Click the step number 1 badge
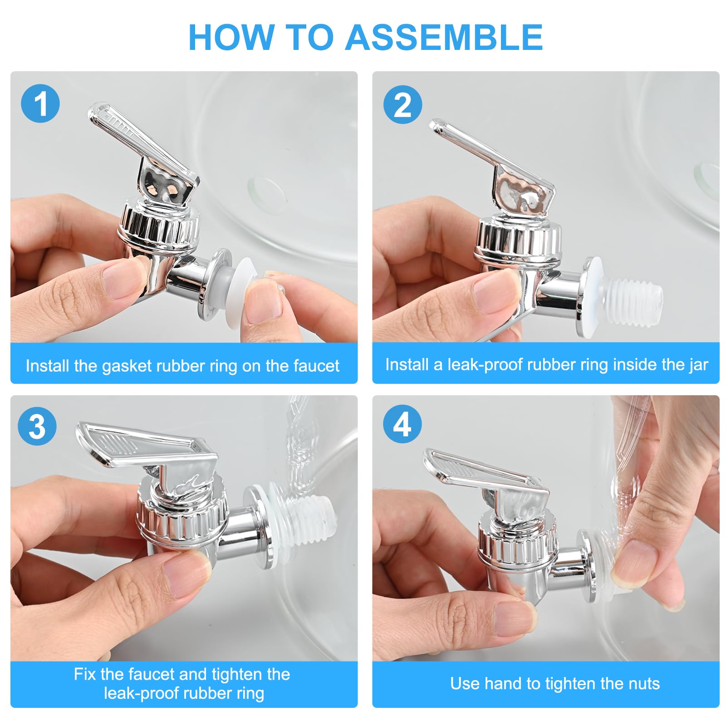click(40, 104)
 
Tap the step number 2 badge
click(402, 105)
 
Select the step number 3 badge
click(37, 427)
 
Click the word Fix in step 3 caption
click(85, 674)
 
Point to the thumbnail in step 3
click(185, 578)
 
